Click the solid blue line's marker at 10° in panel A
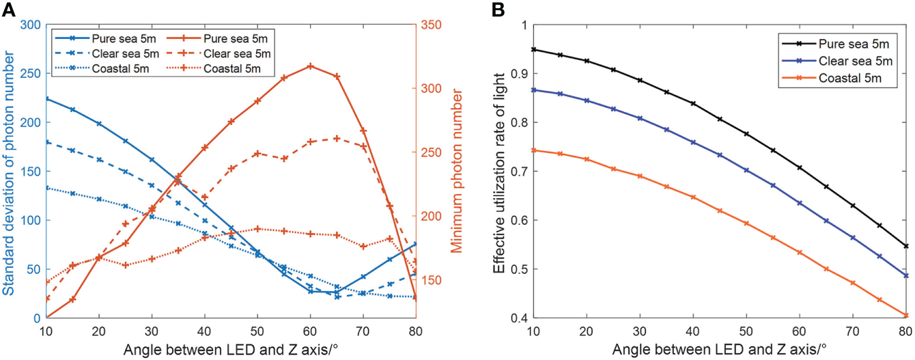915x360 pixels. (x=46, y=98)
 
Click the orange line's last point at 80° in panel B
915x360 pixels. (x=905, y=316)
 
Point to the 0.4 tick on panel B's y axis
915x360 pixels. (x=517, y=318)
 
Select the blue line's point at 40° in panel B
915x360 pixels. (x=693, y=143)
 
